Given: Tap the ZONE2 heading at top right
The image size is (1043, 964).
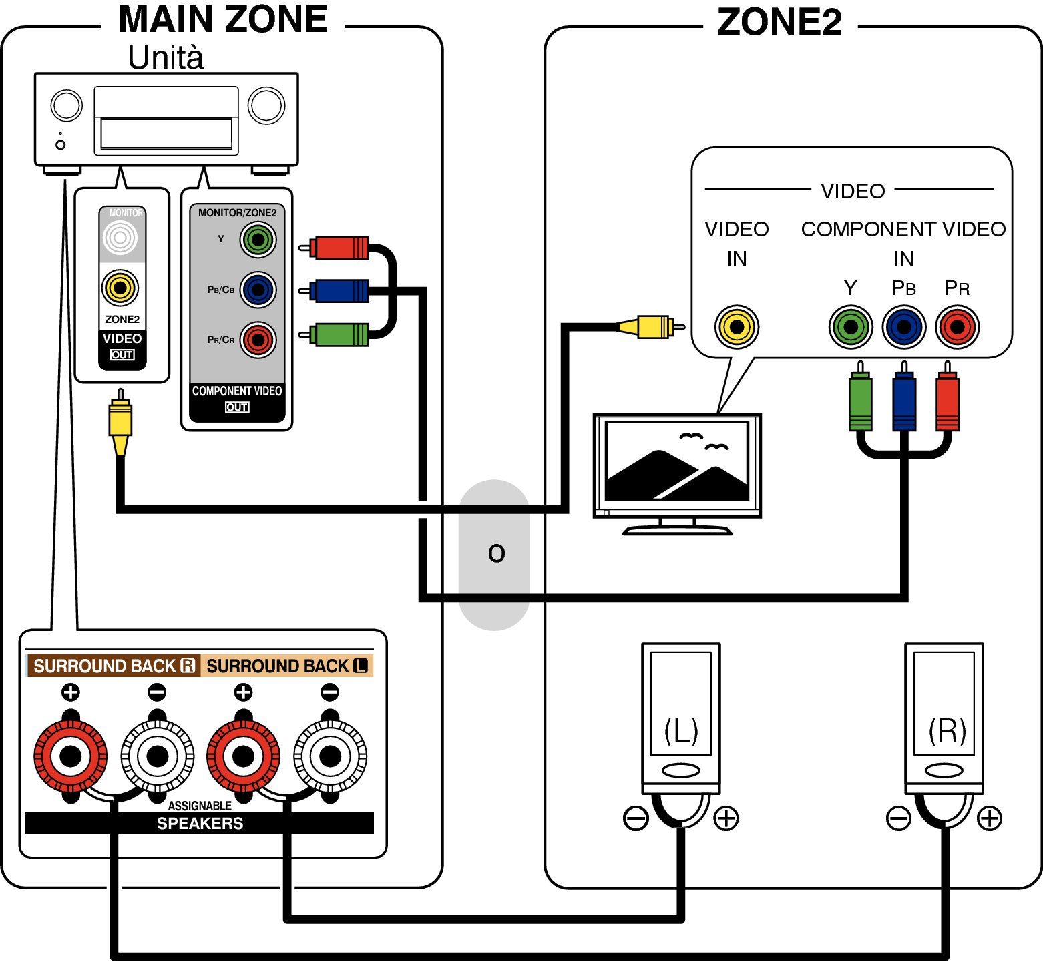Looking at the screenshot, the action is (779, 21).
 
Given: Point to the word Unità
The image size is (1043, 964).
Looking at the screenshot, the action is (166, 57).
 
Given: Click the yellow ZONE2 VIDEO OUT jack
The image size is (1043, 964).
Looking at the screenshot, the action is (120, 288).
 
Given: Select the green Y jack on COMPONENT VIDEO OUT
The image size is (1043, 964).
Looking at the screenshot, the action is (258, 240).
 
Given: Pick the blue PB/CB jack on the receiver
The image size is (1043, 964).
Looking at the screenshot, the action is (258, 290).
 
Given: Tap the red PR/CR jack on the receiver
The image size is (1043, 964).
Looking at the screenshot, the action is (258, 340).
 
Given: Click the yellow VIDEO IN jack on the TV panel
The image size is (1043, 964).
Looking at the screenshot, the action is (737, 327).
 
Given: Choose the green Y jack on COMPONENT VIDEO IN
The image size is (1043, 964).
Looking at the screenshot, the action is (851, 327).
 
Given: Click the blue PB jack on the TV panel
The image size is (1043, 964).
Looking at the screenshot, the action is (904, 327).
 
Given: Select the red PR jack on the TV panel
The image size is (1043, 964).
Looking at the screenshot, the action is (958, 327).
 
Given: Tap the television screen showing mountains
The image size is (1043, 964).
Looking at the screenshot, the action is (677, 461).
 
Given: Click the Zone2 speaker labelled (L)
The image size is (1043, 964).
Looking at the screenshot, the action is (681, 718).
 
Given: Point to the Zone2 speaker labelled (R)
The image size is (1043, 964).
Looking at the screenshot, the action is (944, 718).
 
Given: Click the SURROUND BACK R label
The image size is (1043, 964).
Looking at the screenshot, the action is (114, 666).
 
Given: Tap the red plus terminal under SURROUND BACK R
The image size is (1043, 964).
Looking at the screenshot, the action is (71, 756).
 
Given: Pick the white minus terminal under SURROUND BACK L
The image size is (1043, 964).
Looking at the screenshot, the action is (330, 756).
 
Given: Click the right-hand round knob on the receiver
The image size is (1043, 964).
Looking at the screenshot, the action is (266, 105).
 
